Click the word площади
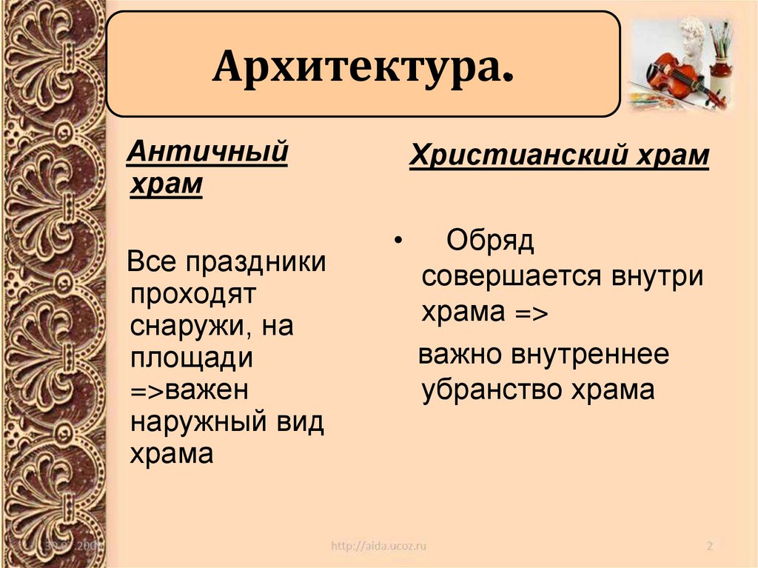point(192,358)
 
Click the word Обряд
point(490,241)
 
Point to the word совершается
point(512,277)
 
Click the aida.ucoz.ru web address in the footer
point(378,547)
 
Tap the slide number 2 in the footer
point(709,547)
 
